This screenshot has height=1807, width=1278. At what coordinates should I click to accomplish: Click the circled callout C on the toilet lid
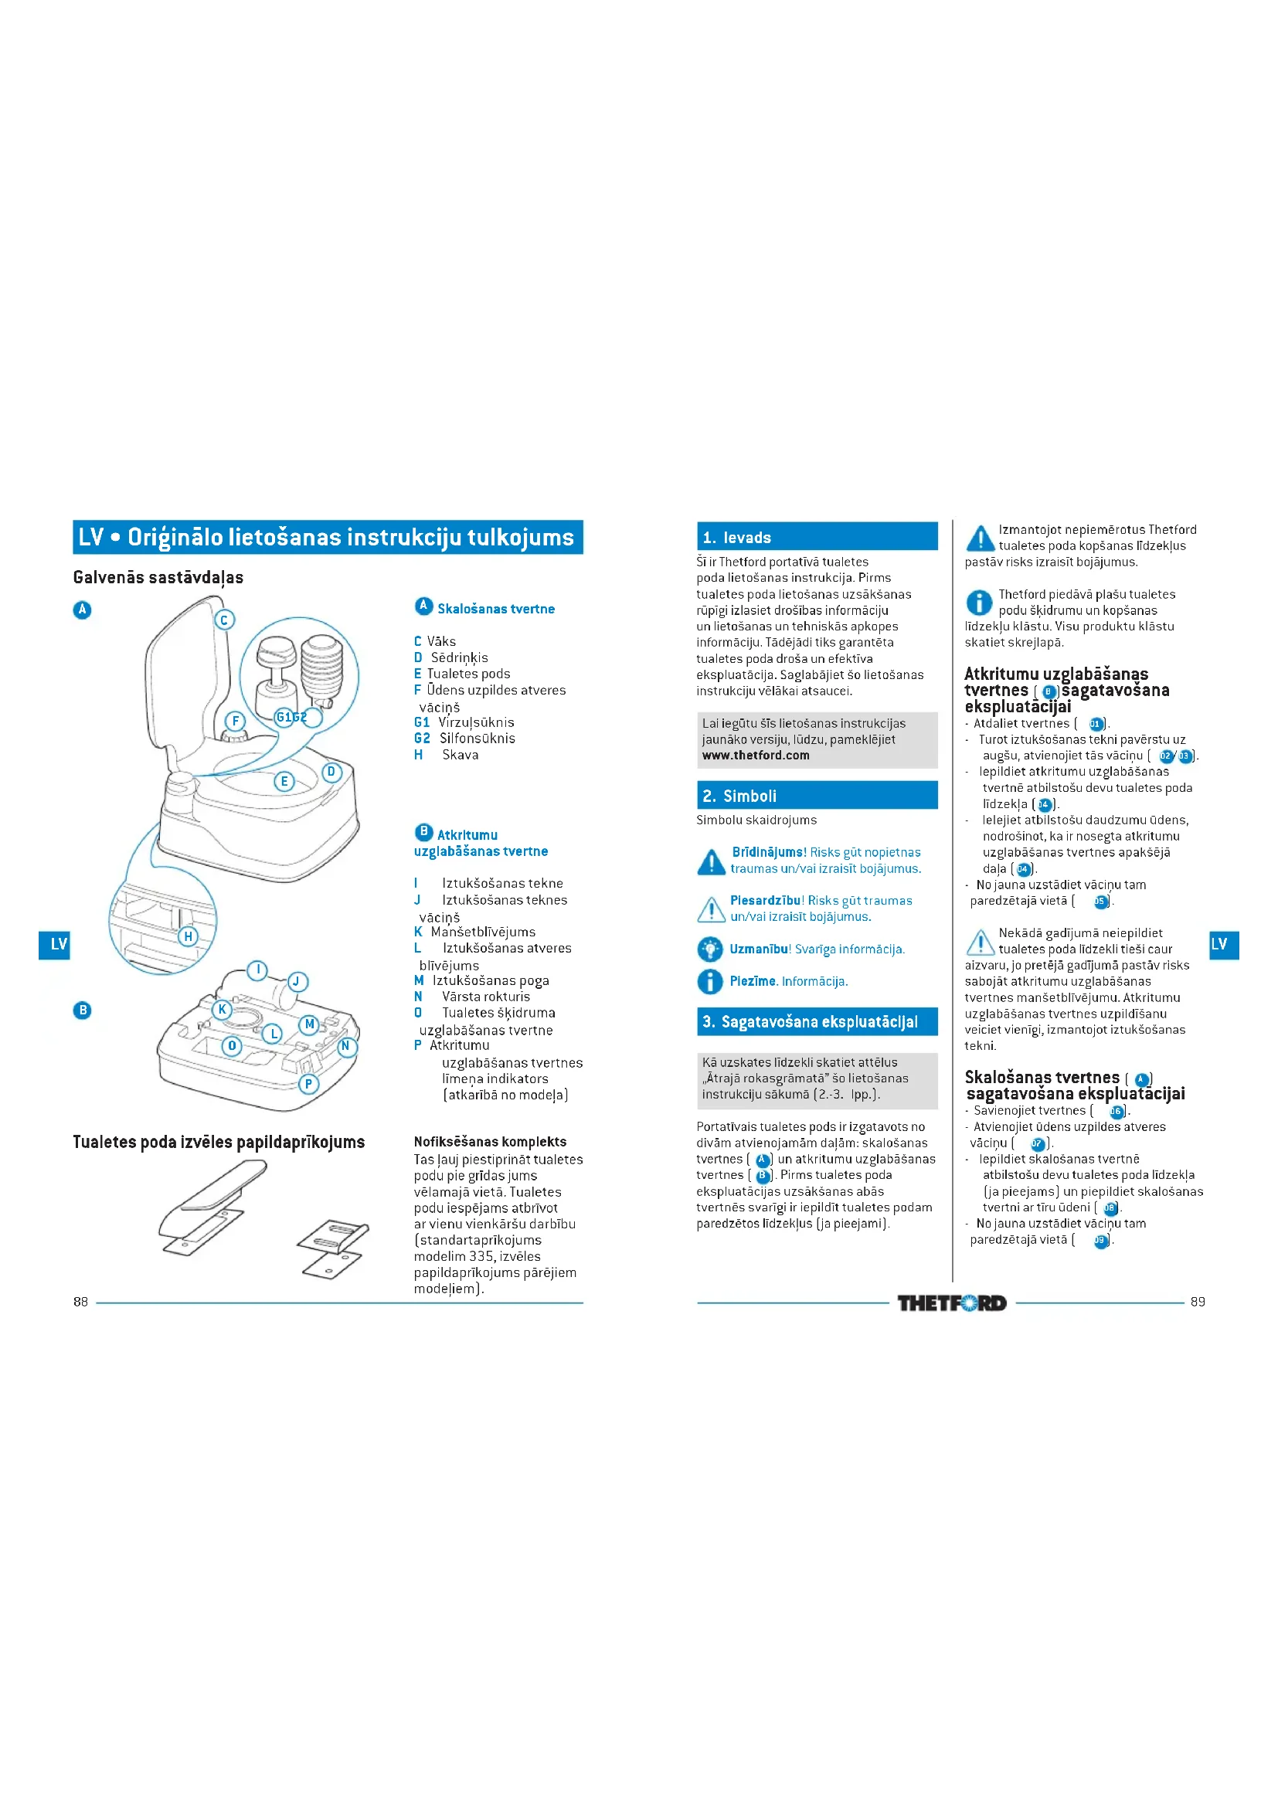[x=224, y=620]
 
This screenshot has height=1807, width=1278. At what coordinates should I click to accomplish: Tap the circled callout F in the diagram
[x=235, y=721]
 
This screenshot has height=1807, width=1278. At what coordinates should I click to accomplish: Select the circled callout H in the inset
[x=188, y=936]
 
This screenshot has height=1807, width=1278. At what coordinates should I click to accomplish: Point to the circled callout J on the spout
[x=297, y=981]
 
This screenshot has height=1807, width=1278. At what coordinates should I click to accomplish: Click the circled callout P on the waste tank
[x=308, y=1084]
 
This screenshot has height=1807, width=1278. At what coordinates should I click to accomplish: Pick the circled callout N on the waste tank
[x=345, y=1046]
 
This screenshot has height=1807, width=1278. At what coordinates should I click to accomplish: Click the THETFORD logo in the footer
[x=951, y=1303]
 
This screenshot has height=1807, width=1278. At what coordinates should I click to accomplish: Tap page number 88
[x=80, y=1302]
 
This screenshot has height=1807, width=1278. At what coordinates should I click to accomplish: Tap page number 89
[x=1198, y=1302]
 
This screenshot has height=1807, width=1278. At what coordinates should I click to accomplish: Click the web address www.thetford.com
[x=756, y=756]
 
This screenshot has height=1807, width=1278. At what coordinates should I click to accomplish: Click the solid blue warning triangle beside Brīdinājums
[x=712, y=862]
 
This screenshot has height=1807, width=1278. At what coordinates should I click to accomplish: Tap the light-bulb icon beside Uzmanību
[x=710, y=949]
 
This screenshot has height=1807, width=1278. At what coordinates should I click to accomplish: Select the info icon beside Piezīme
[x=710, y=981]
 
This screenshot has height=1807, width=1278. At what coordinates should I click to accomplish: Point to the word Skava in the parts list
[x=461, y=755]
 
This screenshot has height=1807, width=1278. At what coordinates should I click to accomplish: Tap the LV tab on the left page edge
[x=55, y=944]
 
